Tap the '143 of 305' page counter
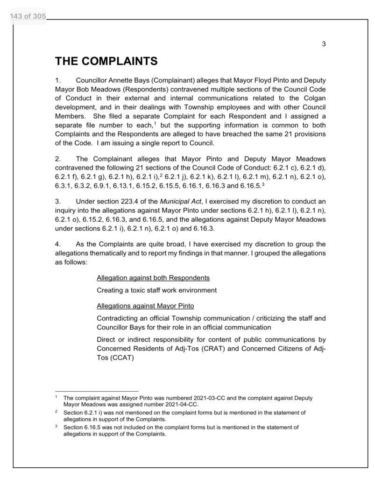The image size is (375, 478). click(27, 17)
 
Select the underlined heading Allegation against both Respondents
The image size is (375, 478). click(153, 278)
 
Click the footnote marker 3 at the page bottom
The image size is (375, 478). click(56, 427)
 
